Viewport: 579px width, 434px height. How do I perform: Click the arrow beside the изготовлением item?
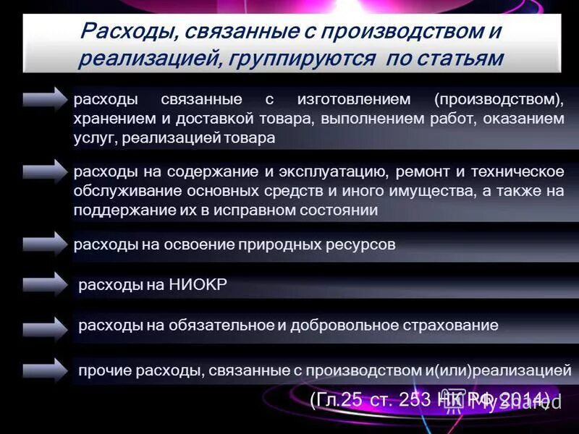pos(44,98)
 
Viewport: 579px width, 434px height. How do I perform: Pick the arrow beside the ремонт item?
pos(44,171)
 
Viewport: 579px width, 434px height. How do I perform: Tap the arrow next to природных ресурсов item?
pos(44,243)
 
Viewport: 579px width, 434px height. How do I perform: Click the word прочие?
pos(102,370)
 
